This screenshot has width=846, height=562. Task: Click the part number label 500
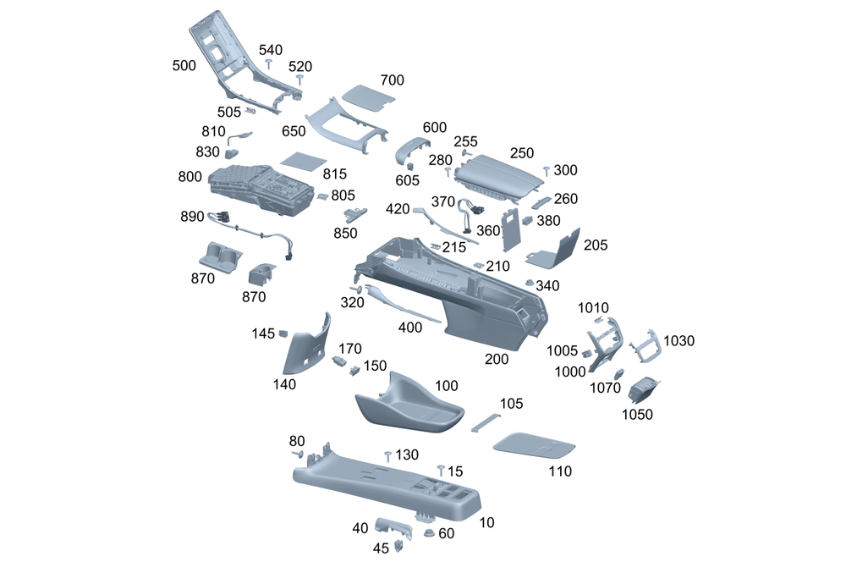click(184, 66)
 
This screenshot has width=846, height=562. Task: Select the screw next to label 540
click(268, 63)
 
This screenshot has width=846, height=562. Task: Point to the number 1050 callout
click(638, 414)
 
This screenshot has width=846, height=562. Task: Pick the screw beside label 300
click(547, 172)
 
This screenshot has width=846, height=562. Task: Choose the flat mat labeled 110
click(534, 444)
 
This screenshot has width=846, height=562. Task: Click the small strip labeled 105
click(486, 421)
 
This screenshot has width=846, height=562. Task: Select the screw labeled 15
click(441, 469)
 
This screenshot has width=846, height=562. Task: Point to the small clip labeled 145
click(284, 333)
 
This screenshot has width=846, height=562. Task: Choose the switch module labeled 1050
click(644, 391)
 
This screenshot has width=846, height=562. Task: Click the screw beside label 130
click(387, 456)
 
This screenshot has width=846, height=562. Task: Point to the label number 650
click(294, 131)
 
